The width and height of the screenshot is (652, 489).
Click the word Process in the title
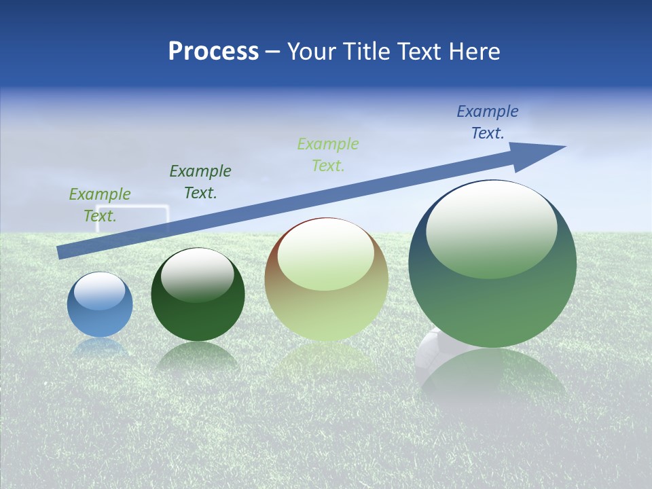(213, 51)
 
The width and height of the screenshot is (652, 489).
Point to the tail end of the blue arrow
(59, 253)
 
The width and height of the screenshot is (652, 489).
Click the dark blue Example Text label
(488, 122)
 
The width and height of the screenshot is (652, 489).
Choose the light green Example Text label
(328, 155)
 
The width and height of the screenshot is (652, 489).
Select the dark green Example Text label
(200, 182)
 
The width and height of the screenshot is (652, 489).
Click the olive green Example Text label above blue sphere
(100, 205)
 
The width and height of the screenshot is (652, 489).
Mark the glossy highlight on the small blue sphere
(100, 291)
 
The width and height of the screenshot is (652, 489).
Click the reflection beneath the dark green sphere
(198, 357)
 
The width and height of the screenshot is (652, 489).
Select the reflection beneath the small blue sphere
(100, 347)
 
